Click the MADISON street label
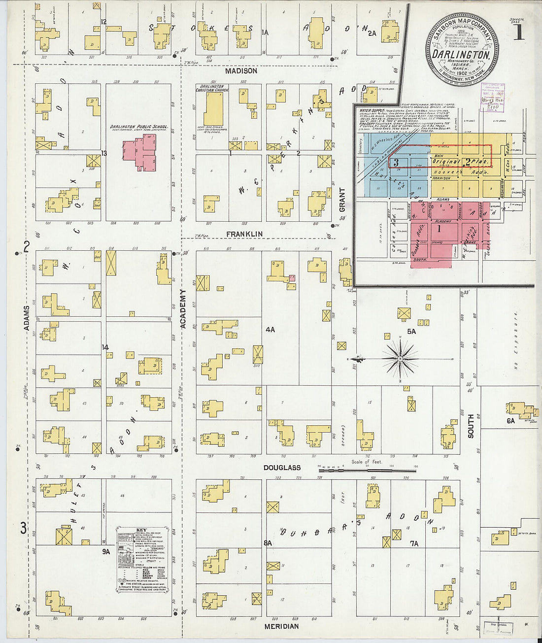pos(241,71)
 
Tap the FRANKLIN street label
pos(244,234)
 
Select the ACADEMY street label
pos(183,309)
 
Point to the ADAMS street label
pos(26,318)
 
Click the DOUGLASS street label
pos(282,468)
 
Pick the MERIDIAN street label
pos(281,627)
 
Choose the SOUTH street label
pos(471,426)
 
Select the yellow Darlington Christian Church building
pos(213,109)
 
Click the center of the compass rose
pos(400,359)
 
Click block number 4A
pos(270,330)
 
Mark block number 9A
pos(106,552)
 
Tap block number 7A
pos(414,543)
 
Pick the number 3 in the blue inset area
pos(396,162)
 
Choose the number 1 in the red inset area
pos(438,228)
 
